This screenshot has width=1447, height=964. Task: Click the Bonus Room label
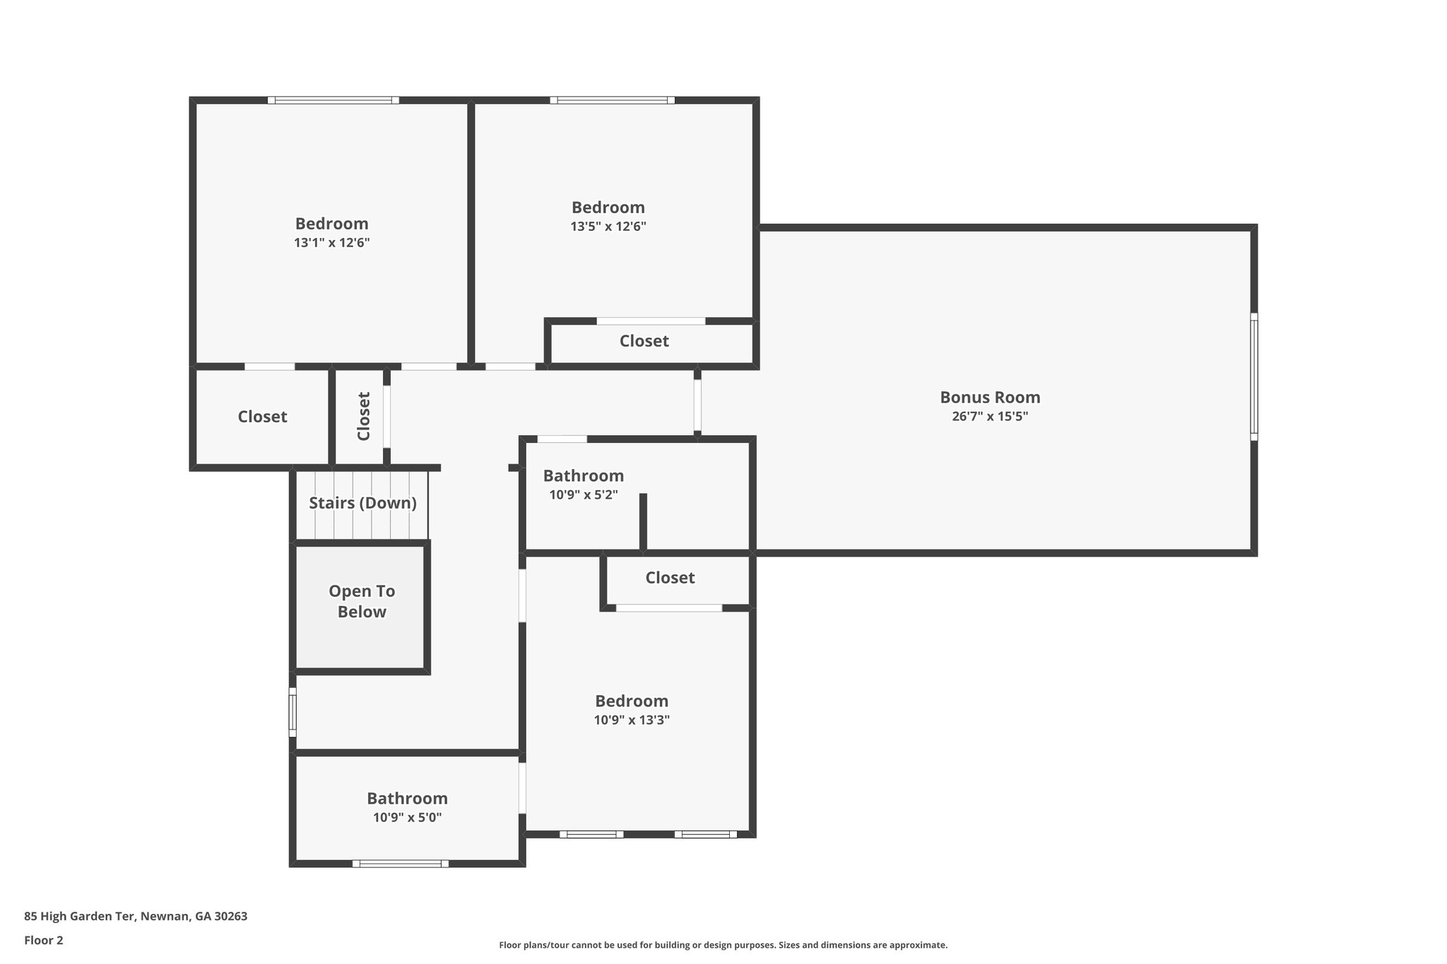[x=989, y=397]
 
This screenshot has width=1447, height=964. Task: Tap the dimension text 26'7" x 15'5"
[x=989, y=417]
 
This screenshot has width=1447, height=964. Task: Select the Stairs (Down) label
[x=362, y=503]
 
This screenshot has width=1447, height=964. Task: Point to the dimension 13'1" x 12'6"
[x=331, y=243]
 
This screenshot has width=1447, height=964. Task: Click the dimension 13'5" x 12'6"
[x=608, y=227]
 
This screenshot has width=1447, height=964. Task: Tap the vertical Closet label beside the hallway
[x=364, y=417]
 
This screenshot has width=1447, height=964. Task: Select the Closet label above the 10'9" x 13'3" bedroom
[x=670, y=578]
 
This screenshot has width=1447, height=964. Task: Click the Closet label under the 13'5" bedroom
[x=644, y=341]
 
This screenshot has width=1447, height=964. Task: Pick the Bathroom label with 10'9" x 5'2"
[x=583, y=476]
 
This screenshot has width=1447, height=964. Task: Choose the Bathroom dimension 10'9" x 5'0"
[x=407, y=818]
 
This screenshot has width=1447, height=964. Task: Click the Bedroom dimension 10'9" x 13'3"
[x=632, y=720]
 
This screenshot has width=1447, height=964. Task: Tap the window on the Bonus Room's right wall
[x=1254, y=376]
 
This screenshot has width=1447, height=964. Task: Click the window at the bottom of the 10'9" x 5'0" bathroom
[x=401, y=863]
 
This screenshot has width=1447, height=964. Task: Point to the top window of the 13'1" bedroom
[x=333, y=100]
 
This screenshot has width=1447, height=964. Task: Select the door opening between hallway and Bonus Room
[x=697, y=405]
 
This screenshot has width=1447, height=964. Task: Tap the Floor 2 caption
[x=44, y=940]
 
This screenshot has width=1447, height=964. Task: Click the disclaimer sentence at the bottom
[x=723, y=945]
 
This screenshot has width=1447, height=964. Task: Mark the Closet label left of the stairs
[x=262, y=417]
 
